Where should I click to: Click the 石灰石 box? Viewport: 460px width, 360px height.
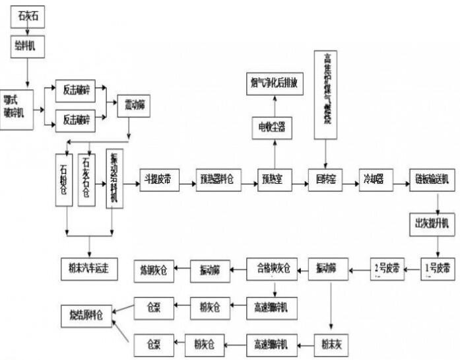[x=28, y=15]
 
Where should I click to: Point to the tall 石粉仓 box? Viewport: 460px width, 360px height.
[x=64, y=179]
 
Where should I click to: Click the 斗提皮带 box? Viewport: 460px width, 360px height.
[x=159, y=180]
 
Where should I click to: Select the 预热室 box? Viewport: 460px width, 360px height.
[x=273, y=180]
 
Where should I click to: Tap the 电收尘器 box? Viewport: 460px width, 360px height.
[x=272, y=126]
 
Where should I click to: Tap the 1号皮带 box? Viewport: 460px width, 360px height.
[x=438, y=269]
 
